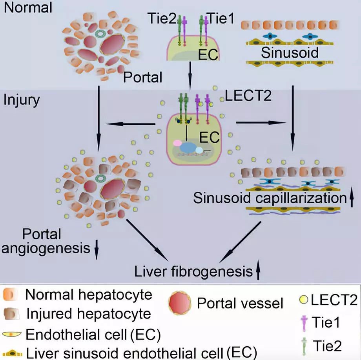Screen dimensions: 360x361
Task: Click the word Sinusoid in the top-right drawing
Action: [290, 52]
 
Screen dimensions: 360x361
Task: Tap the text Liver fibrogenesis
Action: [192, 271]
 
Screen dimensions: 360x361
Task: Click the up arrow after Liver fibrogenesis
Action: [258, 271]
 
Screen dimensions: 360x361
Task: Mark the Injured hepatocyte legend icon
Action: [11, 314]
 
